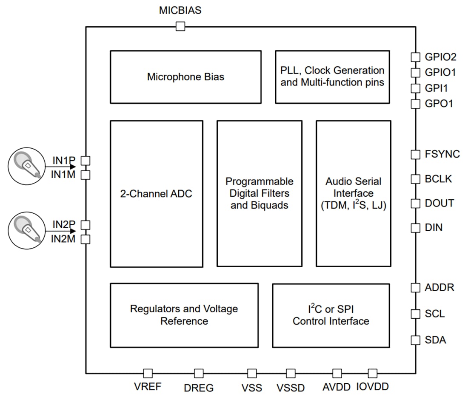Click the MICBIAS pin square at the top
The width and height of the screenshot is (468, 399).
(x=180, y=27)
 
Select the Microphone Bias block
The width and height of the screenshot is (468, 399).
(x=185, y=77)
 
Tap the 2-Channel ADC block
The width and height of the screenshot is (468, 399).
(x=156, y=194)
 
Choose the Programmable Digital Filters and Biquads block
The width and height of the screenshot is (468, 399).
(x=259, y=194)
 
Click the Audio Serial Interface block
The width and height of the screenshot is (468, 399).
(x=353, y=194)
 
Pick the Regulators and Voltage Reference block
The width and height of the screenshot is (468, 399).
(x=184, y=315)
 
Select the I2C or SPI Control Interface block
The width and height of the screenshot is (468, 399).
(x=331, y=315)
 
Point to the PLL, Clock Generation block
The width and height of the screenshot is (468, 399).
(x=332, y=76)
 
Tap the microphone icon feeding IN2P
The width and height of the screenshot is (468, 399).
(x=26, y=231)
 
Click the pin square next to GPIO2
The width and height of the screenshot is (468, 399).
(x=415, y=57)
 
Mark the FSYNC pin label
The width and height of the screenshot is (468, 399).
(x=442, y=154)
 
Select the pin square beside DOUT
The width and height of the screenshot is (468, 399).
(x=415, y=204)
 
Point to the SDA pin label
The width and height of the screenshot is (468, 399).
(x=435, y=340)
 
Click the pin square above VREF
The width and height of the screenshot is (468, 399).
(x=148, y=373)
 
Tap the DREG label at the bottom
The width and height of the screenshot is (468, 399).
(x=199, y=388)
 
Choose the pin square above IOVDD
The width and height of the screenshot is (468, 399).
(x=372, y=373)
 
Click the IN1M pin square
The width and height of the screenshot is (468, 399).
(x=86, y=175)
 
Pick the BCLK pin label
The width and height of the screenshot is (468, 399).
(x=438, y=179)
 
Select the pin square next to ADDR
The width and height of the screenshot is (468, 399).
(x=415, y=288)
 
